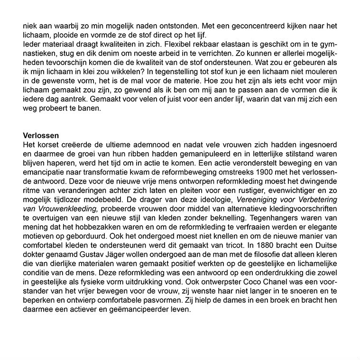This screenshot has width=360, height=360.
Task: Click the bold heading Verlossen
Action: (41, 135)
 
